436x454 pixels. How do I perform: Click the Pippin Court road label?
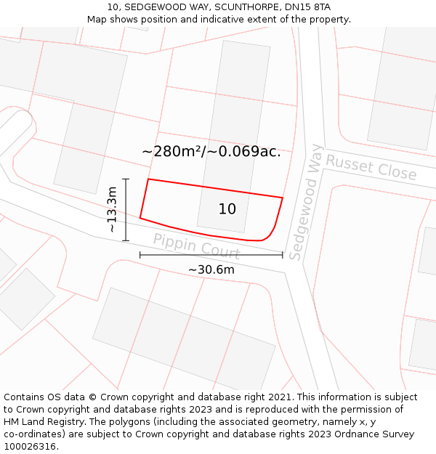196,246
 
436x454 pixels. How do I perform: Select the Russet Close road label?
371,168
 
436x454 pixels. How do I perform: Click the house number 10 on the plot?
227,209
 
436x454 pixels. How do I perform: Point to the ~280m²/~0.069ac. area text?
211,151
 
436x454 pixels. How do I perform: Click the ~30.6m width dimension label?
211,269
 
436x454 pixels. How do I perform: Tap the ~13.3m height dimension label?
112,209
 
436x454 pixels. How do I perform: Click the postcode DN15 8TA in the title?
305,7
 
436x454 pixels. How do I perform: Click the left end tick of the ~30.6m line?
140,255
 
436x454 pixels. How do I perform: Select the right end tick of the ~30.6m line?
282,255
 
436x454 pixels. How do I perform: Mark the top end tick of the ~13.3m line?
126,179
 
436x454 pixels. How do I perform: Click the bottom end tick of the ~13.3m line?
126,240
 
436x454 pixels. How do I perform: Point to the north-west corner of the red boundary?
148,179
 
